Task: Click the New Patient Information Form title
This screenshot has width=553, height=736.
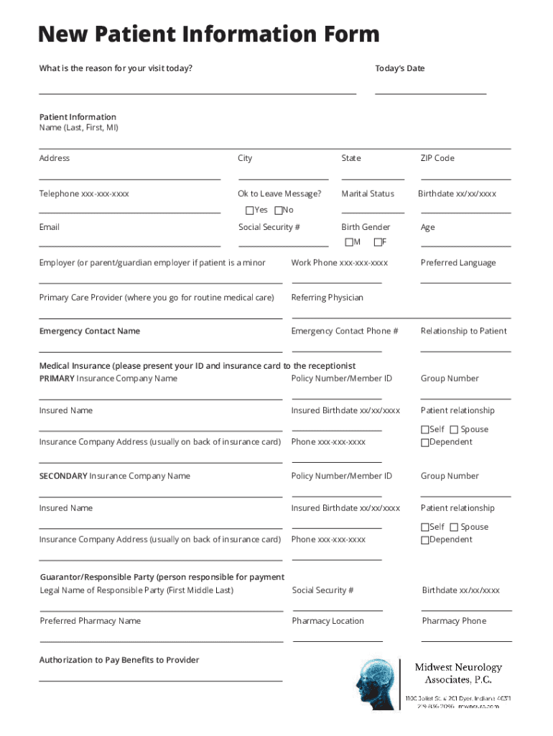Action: tap(208, 34)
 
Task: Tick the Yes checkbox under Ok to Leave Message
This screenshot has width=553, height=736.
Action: tap(249, 211)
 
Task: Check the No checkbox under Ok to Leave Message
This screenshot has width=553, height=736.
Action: tap(279, 211)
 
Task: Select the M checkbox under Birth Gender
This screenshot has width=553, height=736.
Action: tap(349, 242)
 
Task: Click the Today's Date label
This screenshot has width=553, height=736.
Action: tap(399, 68)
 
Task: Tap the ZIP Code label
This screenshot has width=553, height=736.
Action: tap(437, 158)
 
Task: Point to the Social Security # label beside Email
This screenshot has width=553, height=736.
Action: tap(269, 227)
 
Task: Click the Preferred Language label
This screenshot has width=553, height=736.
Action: tap(457, 263)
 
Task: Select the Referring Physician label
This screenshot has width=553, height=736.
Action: tap(327, 298)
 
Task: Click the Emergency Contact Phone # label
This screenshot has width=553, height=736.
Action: tap(344, 331)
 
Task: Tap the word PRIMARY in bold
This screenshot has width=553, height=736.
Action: tap(57, 379)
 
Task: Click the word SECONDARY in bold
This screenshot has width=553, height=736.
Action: tap(63, 476)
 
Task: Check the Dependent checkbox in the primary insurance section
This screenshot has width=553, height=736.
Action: tap(424, 443)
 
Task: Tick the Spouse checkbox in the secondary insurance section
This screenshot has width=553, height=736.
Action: tap(454, 528)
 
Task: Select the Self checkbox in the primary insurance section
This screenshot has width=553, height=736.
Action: tap(424, 430)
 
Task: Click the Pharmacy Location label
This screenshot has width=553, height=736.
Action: tap(327, 621)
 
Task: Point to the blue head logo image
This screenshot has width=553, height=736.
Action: tap(376, 682)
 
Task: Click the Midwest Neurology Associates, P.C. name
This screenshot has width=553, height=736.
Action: tap(458, 673)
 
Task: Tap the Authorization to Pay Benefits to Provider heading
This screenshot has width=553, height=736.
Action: tap(119, 660)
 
